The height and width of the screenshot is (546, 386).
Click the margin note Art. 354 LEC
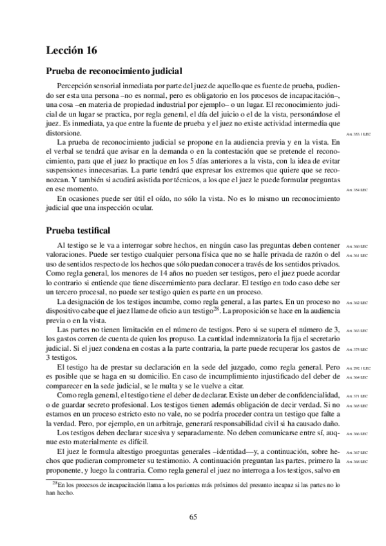[x=356, y=191]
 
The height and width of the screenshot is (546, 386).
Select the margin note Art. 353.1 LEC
[x=358, y=134]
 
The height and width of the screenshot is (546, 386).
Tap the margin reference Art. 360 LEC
[x=356, y=246]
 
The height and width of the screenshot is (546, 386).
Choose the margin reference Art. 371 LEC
[x=356, y=396]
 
